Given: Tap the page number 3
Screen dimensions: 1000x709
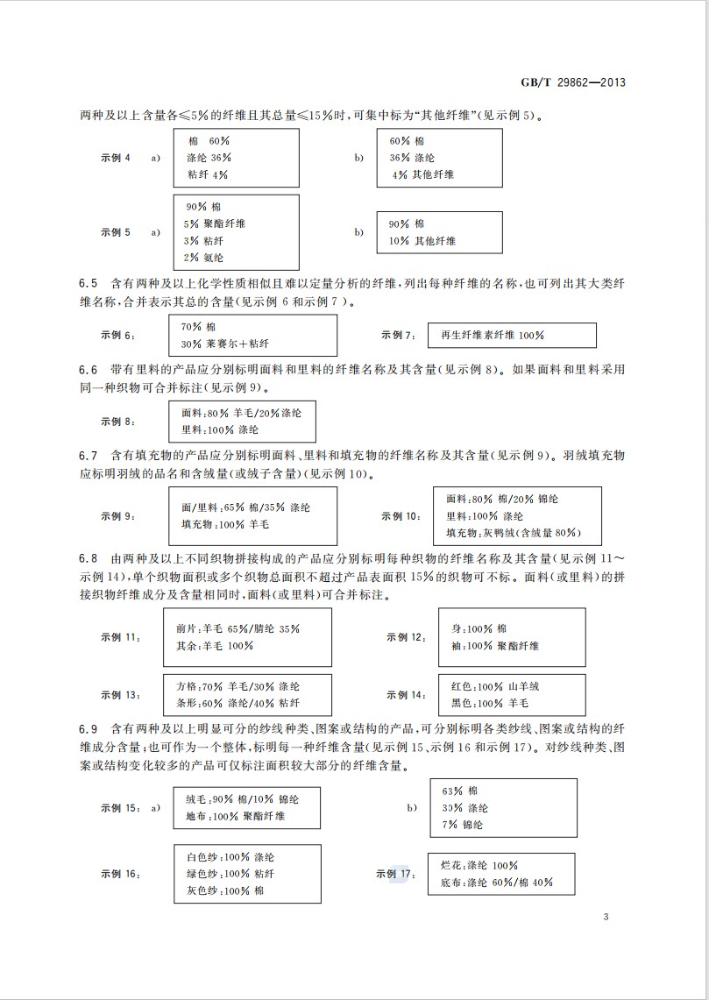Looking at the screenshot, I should coord(606,918).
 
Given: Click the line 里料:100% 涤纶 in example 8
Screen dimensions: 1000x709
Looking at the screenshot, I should coord(220,429).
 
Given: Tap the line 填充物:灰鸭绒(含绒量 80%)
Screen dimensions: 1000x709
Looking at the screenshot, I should coord(512,533).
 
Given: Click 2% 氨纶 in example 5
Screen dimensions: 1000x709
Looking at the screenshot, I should coord(204,257).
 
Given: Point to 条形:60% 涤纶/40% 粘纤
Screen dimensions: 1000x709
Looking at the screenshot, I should coord(238,703).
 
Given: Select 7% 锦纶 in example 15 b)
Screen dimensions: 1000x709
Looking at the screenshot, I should coord(462,825).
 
